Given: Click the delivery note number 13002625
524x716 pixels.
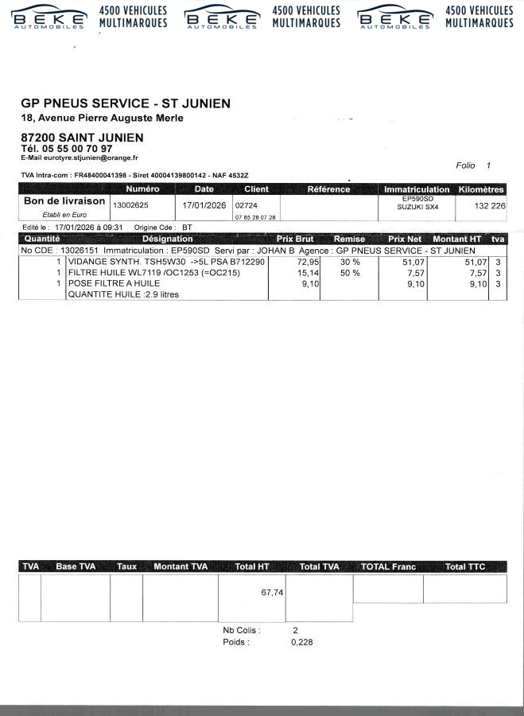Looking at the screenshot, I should [x=131, y=204].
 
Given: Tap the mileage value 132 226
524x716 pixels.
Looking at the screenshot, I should [x=489, y=205].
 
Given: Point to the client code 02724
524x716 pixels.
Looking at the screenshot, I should [x=245, y=204].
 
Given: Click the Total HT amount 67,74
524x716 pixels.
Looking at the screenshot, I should [x=272, y=592].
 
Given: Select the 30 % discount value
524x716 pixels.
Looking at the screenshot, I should [x=349, y=262].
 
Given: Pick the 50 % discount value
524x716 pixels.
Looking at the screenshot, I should [x=349, y=273].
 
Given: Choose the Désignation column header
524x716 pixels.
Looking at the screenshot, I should [x=167, y=239].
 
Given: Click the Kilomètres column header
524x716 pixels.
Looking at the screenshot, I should [x=482, y=189].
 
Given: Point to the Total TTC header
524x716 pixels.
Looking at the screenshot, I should [x=465, y=566].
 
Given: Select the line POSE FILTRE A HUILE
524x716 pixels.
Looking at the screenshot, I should [x=114, y=283].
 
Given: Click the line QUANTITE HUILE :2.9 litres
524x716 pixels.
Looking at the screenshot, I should [x=123, y=294].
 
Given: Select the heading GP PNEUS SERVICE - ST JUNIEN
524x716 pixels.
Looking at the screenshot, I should [x=126, y=103].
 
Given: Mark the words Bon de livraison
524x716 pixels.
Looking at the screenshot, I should [x=64, y=201].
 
